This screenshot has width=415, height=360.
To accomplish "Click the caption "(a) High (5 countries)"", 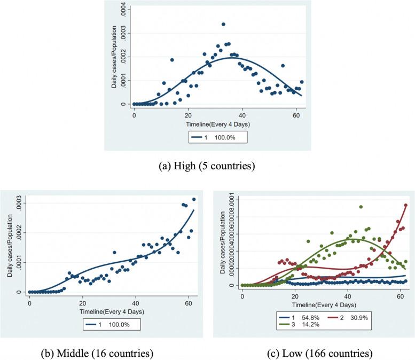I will (207, 166).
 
